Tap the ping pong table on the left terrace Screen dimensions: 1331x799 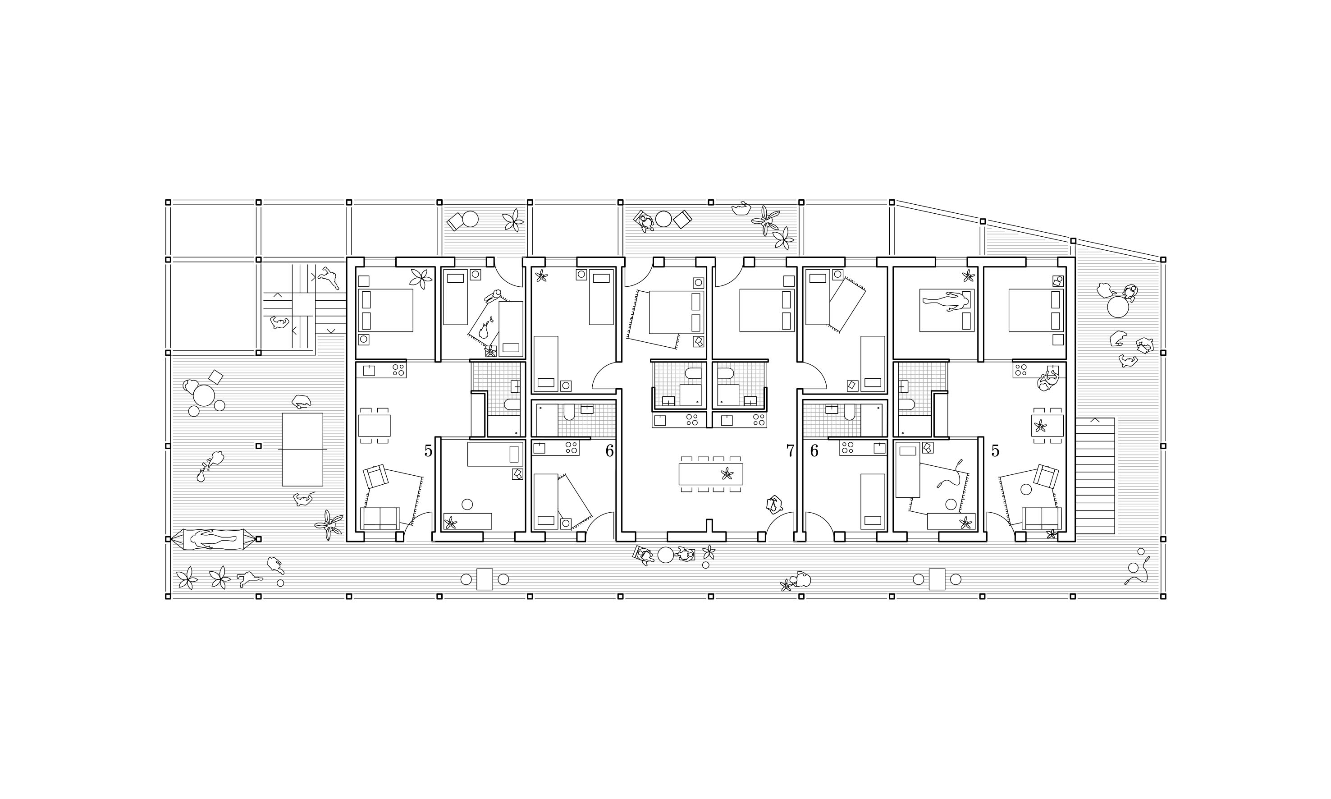pos(302,450)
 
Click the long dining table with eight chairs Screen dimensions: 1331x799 pos(710,474)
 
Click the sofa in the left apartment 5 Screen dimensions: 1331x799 pos(380,519)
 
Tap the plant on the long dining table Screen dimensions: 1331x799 pos(727,474)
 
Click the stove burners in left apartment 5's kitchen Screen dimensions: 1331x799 pos(398,370)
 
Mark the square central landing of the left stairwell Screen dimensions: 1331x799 pos(302,305)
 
